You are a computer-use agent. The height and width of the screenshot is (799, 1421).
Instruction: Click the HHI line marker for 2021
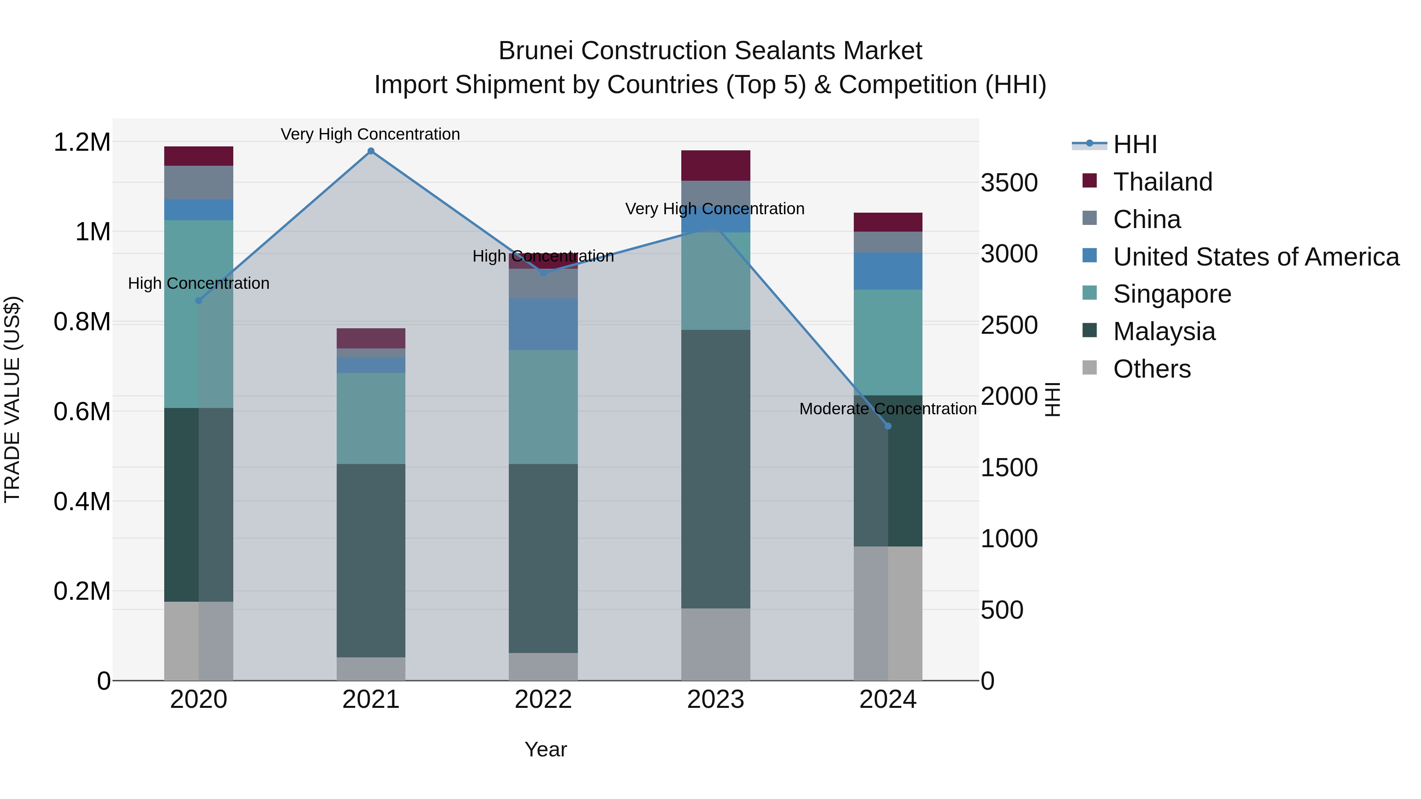(x=371, y=151)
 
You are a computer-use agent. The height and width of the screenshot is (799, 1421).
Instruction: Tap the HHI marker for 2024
(x=888, y=426)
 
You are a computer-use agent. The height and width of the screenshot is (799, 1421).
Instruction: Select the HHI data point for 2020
(x=199, y=301)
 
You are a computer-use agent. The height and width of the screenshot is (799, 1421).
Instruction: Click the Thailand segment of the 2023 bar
(x=716, y=165)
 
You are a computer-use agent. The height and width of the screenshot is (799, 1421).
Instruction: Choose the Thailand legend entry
(x=1162, y=182)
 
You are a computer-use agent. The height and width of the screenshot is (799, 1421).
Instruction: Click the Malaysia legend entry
(x=1164, y=331)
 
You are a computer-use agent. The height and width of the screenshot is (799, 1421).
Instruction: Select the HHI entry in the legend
(x=1135, y=144)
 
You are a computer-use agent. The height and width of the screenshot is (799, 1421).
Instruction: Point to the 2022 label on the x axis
(x=543, y=700)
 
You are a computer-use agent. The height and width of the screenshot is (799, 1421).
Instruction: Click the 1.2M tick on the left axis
(x=82, y=142)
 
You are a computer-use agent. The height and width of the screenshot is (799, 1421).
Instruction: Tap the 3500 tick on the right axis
(x=1009, y=183)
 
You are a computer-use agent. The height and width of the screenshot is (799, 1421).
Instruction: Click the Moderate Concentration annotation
(x=888, y=409)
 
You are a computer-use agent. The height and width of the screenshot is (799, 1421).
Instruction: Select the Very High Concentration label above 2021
(x=370, y=135)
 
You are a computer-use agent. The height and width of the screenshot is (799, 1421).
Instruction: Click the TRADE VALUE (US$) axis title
(x=13, y=399)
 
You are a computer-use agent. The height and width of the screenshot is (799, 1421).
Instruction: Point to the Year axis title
(x=546, y=749)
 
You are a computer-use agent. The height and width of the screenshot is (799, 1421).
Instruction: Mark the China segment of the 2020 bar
(x=199, y=183)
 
